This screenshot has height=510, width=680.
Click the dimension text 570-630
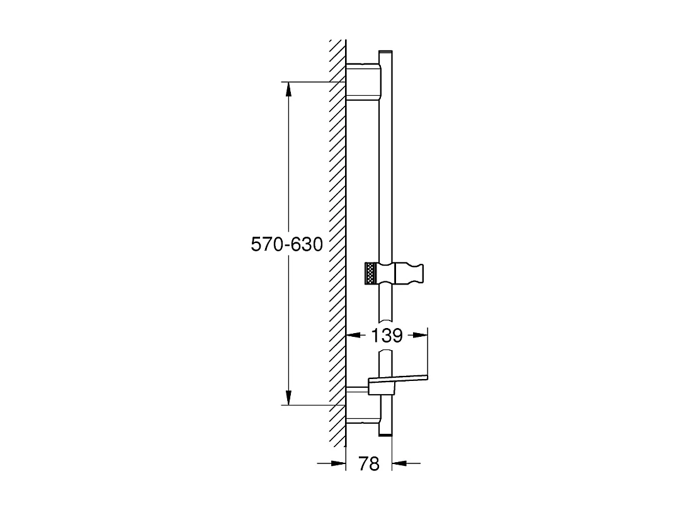click(286, 244)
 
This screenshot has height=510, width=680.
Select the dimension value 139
click(387, 336)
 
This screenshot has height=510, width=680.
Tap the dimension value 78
click(369, 464)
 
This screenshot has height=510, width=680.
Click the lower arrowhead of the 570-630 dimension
click(288, 397)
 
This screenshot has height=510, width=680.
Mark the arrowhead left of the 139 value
click(353, 336)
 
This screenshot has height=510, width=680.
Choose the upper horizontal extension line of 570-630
click(315, 82)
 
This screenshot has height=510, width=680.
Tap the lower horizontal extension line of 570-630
click(315, 405)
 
